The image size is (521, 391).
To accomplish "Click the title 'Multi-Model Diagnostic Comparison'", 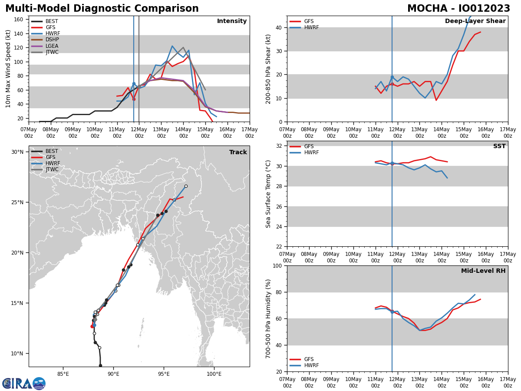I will [x=102, y=9].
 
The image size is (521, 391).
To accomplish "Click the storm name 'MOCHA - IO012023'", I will [x=458, y=9].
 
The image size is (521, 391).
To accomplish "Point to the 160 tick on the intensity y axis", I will [x=19, y=20].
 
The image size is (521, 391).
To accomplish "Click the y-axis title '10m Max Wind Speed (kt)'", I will [x=8, y=69].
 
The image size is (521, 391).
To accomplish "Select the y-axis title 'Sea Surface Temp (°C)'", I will [x=268, y=194].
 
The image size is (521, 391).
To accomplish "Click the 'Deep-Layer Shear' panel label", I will [x=475, y=21].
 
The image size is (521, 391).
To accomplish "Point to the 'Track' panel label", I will [x=238, y=152].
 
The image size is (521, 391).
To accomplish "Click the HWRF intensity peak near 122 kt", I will [x=172, y=46].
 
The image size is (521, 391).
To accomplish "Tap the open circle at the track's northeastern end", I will [x=186, y=186].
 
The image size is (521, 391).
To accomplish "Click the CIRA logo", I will [x=24, y=383].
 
